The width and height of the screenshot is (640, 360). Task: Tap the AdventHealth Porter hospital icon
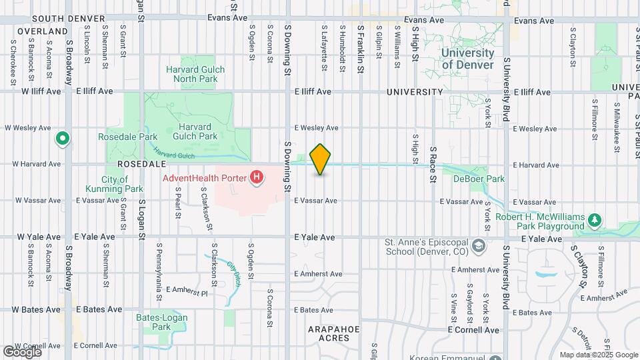(255, 177)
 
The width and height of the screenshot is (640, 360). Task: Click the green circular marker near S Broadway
(63, 139)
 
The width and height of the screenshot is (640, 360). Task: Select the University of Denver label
(467, 59)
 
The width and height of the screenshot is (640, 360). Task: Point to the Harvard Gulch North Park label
(195, 74)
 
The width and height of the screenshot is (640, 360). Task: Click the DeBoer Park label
(479, 179)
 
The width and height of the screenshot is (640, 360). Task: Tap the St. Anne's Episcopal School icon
(479, 247)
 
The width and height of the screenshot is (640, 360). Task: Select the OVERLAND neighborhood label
(43, 31)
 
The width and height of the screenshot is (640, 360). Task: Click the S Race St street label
(432, 164)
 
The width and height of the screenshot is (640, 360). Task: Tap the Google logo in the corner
(22, 351)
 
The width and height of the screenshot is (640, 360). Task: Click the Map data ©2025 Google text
(599, 355)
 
